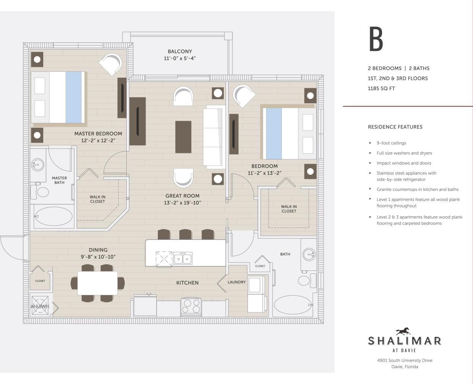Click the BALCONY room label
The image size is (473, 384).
(x=180, y=51)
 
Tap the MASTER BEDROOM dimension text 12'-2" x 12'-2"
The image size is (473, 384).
(x=98, y=140)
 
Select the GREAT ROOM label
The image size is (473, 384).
(x=182, y=196)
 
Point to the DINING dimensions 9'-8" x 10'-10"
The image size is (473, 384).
(x=98, y=257)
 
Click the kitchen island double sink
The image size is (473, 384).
(x=182, y=259)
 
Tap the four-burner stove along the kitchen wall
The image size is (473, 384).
(x=191, y=306)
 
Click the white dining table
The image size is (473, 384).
(x=97, y=283)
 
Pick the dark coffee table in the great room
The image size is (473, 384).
(x=183, y=137)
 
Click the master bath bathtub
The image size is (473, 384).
(x=53, y=216)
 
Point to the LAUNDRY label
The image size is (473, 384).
(x=237, y=282)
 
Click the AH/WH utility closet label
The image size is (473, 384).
(x=40, y=306)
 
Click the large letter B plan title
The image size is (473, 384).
(x=376, y=39)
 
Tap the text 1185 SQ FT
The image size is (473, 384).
(x=381, y=88)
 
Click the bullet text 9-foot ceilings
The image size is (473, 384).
(x=391, y=143)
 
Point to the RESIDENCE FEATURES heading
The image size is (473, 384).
(x=395, y=127)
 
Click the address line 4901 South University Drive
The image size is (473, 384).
(x=405, y=360)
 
